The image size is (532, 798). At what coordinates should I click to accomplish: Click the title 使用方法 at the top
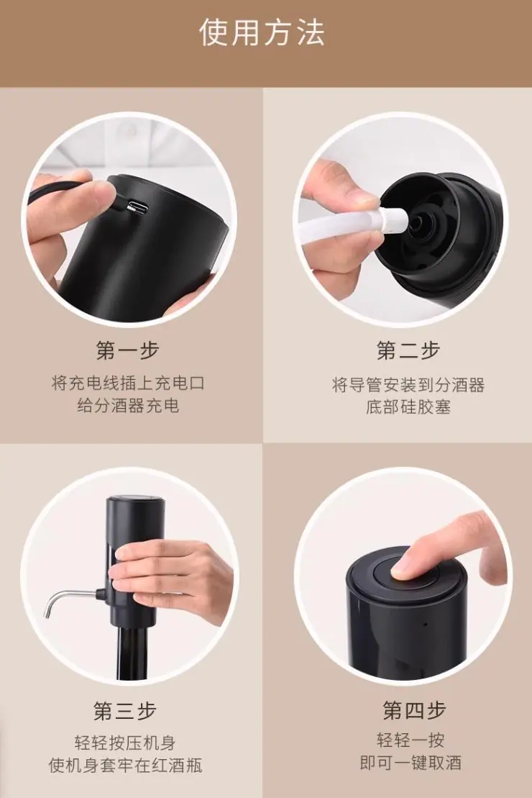pos(262,32)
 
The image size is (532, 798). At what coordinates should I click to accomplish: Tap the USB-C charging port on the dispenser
pos(138,208)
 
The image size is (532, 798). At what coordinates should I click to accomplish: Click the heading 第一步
pos(127,350)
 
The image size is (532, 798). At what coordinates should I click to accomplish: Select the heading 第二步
pos(408,350)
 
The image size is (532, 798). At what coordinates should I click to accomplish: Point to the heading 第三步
pos(125,710)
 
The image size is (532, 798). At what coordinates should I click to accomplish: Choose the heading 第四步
pos(415,710)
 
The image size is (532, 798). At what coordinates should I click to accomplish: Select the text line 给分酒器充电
pos(128,406)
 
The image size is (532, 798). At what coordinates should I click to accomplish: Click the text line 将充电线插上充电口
pos(128,383)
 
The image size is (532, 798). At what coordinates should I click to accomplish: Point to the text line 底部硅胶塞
pos(408,407)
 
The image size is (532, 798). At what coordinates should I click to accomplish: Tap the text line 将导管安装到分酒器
pos(408,384)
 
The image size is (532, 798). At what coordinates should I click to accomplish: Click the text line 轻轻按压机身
pos(125,743)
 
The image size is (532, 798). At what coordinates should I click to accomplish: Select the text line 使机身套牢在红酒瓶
pos(125,766)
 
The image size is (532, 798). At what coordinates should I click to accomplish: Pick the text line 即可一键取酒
pos(411,763)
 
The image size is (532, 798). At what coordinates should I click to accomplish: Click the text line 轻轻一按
pos(411,740)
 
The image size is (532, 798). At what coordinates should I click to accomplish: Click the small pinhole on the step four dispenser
pos(426,624)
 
